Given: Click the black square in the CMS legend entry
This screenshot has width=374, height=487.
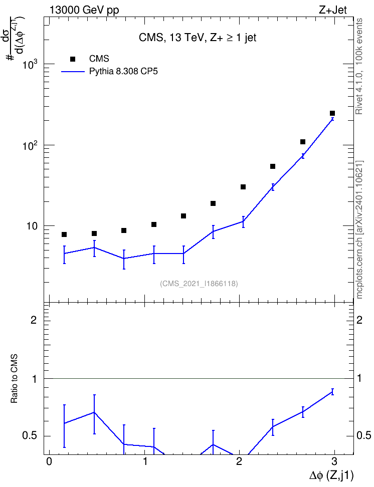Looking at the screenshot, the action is click(x=73, y=59).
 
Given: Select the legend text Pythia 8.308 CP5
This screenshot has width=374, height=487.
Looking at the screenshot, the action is click(x=123, y=72).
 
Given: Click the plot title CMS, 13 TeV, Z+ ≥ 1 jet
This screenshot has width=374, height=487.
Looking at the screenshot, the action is click(x=198, y=38).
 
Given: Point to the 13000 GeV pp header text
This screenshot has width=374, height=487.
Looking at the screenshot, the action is click(x=84, y=10).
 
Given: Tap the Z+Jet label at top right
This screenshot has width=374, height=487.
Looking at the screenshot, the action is click(x=333, y=10).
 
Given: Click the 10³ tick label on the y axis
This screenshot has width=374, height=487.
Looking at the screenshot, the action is click(x=31, y=64).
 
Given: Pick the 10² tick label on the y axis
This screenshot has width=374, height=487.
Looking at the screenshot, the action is click(x=31, y=145).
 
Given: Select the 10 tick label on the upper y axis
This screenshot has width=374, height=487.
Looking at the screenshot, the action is click(x=32, y=226).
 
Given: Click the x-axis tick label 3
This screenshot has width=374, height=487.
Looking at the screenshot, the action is click(x=334, y=461).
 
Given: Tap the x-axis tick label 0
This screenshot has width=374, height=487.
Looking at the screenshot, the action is click(x=49, y=461).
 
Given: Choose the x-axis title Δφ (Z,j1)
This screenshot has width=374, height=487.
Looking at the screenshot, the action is click(x=331, y=475).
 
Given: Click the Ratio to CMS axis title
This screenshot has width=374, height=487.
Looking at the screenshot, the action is click(x=14, y=379).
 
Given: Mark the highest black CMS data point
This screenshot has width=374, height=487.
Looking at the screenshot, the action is click(x=332, y=113).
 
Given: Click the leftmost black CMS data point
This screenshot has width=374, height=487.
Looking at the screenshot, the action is click(x=64, y=234).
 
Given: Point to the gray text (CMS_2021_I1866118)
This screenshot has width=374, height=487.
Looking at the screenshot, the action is click(x=199, y=284).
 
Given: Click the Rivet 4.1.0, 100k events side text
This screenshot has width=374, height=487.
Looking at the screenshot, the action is click(x=359, y=66).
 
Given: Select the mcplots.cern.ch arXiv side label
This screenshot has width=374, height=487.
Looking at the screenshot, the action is click(x=359, y=229).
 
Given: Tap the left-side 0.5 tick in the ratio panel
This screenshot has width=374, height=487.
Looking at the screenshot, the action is click(x=30, y=436).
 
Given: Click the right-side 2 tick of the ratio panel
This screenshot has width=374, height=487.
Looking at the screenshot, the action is click(x=359, y=320).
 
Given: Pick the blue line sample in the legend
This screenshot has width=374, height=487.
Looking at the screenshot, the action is click(x=73, y=72).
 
